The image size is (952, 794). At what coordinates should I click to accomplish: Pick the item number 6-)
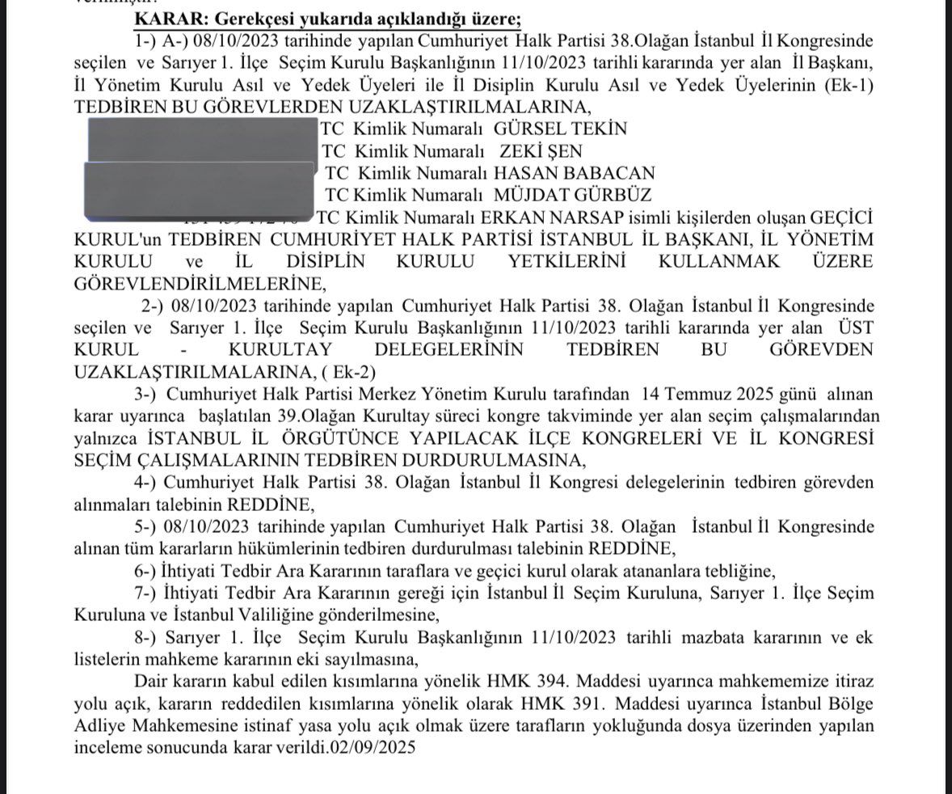(x=149, y=570)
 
